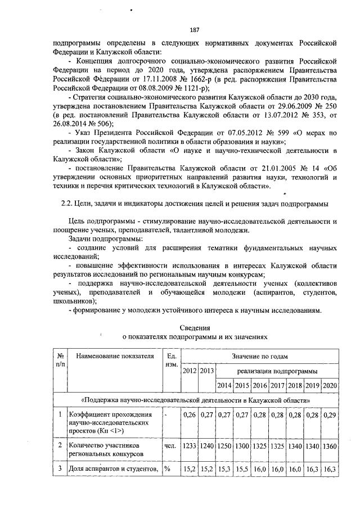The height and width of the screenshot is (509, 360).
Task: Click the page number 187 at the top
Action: (x=179, y=30)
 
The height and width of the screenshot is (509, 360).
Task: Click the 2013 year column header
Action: (x=206, y=371)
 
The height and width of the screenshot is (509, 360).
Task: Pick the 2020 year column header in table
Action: (x=330, y=386)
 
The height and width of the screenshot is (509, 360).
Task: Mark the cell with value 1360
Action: (x=330, y=445)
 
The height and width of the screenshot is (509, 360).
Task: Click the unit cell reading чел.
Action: (x=169, y=445)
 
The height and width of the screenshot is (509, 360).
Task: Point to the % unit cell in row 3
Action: (x=167, y=468)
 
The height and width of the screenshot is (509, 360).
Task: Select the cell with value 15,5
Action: (x=241, y=468)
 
